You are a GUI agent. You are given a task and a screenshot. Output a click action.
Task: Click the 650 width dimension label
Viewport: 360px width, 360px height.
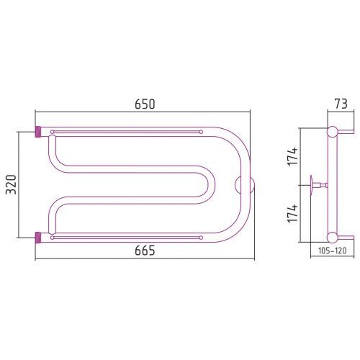coord(145,104)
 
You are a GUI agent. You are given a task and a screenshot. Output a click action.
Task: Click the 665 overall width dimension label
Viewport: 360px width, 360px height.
coord(145,251)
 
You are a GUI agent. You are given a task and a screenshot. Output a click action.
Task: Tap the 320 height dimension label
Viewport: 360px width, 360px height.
coord(11,184)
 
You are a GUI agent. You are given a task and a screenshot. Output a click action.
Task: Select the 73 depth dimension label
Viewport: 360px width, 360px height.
coord(341,104)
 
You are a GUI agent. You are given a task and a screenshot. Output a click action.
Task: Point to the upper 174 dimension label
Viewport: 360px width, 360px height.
coord(292,156)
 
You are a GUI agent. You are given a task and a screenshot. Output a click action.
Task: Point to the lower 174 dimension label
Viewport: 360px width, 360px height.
coord(292,213)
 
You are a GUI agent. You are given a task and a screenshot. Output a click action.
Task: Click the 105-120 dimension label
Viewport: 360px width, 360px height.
coord(333,251)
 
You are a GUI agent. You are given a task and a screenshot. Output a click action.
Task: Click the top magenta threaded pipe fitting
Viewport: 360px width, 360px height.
coord(38,132)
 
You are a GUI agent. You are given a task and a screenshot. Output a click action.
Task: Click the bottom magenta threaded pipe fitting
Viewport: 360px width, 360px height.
coord(38,238)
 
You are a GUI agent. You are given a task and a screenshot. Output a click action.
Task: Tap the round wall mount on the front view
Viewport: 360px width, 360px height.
coord(245,185)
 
